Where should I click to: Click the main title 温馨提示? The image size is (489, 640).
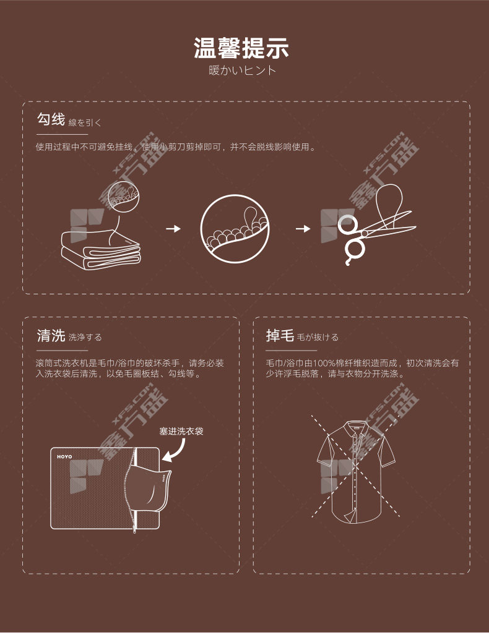(241, 48)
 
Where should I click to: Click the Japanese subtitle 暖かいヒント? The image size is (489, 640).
(242, 70)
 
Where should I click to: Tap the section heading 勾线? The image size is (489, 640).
(51, 119)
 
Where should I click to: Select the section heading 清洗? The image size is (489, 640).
(51, 336)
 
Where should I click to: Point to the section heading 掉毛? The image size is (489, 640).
(280, 336)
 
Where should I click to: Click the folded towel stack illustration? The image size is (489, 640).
(101, 250)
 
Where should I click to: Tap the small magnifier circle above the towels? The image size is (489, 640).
(124, 197)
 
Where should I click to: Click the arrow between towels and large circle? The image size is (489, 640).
(173, 229)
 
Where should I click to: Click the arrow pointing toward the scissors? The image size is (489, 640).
(303, 229)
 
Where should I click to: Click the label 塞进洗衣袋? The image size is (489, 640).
(181, 431)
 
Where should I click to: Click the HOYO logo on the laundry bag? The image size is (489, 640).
(64, 457)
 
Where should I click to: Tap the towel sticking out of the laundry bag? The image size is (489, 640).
(147, 488)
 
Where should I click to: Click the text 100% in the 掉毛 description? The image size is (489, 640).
(324, 363)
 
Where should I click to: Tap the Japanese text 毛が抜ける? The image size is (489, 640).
(318, 337)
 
